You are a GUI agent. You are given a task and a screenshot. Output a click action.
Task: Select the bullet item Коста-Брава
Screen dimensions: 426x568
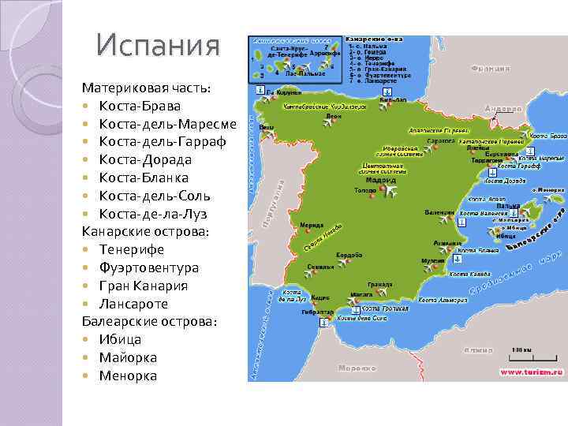point(140,106)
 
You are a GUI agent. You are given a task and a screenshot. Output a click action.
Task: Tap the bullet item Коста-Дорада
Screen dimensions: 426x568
point(145,159)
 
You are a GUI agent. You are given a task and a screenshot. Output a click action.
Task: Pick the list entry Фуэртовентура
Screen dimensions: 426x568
point(149,267)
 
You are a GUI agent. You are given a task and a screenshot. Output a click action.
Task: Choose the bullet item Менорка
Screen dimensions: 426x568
point(128,376)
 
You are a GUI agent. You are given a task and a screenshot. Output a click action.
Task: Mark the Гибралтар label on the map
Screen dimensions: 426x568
point(316,312)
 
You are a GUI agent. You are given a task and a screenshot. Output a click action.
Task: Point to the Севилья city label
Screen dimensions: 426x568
point(320,266)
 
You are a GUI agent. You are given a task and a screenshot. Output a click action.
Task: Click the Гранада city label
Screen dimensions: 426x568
point(380,284)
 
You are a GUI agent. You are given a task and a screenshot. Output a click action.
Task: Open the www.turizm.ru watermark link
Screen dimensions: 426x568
point(529,372)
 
